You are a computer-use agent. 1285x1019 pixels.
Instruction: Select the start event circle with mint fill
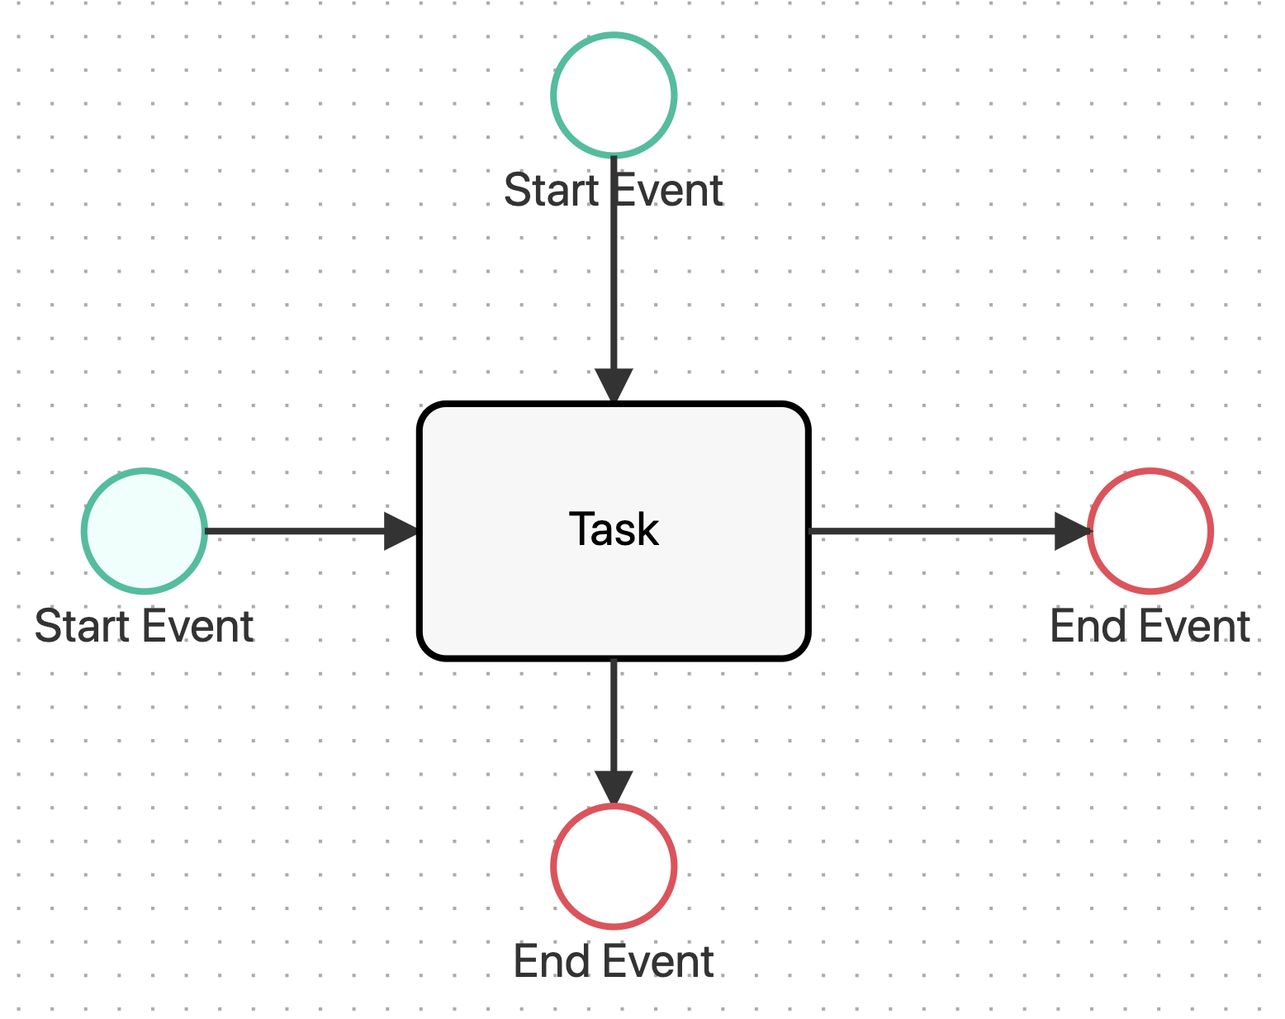[144, 531]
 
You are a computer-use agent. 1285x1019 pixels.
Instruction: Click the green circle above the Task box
[614, 95]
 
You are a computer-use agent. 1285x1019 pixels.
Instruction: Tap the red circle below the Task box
[614, 865]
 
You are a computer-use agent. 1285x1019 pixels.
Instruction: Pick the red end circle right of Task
[1150, 531]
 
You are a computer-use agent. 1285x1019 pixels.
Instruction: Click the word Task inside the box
[614, 529]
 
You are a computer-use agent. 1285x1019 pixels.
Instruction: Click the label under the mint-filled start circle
[144, 626]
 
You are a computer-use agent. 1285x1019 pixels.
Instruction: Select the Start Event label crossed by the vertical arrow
[614, 190]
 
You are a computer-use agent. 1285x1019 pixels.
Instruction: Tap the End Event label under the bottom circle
[614, 961]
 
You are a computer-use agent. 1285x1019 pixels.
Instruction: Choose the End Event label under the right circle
[1150, 626]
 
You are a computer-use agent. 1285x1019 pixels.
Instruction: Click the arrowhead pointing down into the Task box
[614, 386]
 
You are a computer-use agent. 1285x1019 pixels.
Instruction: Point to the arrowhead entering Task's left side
[402, 531]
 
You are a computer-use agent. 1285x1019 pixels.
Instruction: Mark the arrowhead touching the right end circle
[1073, 531]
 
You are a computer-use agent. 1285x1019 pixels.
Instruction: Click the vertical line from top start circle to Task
[614, 289]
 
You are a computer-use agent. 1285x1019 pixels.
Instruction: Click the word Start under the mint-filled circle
[80, 626]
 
